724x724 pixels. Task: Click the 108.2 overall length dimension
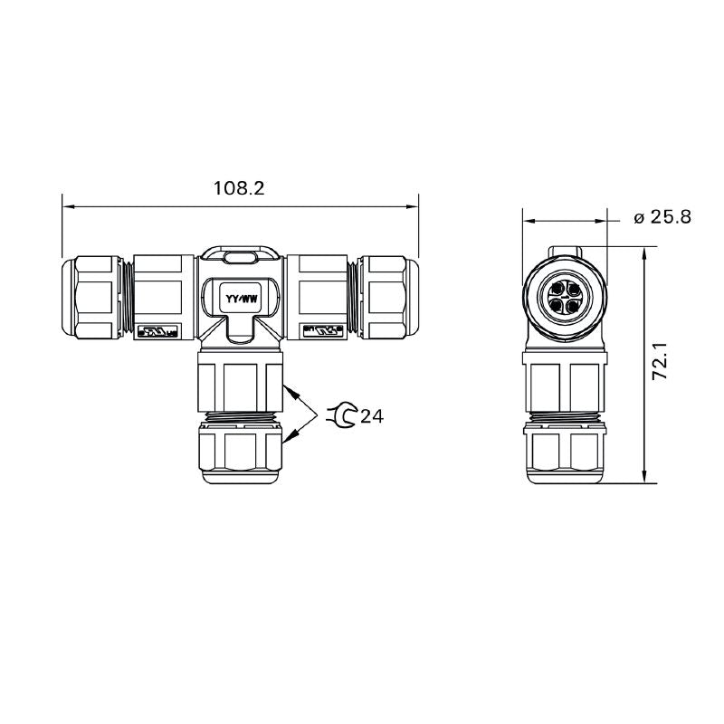[x=239, y=188]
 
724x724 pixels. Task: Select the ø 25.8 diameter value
[x=662, y=217]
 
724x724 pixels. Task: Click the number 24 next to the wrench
[x=371, y=416]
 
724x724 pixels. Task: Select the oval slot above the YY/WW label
[x=240, y=259]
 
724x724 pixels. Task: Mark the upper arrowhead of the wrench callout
[x=289, y=390]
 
